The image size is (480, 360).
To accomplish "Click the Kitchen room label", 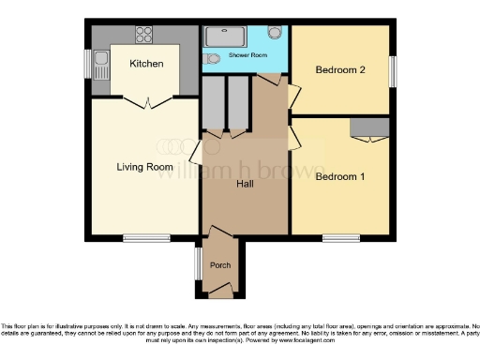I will pyautogui.click(x=147, y=64).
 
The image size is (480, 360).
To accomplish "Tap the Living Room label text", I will pyautogui.click(x=144, y=167).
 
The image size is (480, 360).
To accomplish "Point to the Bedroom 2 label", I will pyautogui.click(x=338, y=69).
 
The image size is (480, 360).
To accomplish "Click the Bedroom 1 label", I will pyautogui.click(x=338, y=176).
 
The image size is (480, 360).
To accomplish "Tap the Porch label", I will pyautogui.click(x=220, y=265).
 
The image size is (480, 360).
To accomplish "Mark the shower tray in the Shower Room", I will pyautogui.click(x=222, y=36).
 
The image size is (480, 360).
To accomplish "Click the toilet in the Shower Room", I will pyautogui.click(x=275, y=33).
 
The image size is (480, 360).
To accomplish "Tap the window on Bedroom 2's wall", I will pyautogui.click(x=391, y=70).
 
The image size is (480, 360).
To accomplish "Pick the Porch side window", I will pyautogui.click(x=198, y=264).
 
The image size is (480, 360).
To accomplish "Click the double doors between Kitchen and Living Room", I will pyautogui.click(x=145, y=98).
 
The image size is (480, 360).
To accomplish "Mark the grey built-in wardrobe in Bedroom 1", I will pyautogui.click(x=369, y=127).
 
